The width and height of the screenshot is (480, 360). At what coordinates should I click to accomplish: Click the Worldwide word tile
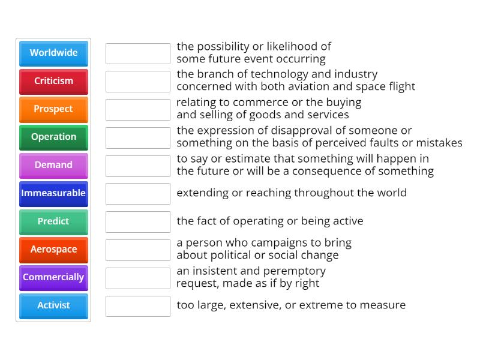point(53,53)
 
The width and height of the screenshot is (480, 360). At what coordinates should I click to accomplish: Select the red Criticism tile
point(53,81)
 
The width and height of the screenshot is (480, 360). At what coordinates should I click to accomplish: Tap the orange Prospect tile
point(53,109)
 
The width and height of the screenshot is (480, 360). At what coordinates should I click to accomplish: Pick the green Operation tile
point(53,137)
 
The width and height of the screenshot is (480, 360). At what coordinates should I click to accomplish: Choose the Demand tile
point(53,165)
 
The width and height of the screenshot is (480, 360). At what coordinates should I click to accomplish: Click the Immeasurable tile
point(53,193)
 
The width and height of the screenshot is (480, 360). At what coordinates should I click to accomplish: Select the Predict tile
point(53,221)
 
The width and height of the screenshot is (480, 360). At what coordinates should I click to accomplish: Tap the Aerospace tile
point(53,249)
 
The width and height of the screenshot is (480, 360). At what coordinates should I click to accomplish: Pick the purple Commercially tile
point(53,277)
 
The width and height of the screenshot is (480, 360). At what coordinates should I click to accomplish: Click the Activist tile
point(53,305)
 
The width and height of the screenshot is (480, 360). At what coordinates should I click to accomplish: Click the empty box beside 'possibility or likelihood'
point(138,53)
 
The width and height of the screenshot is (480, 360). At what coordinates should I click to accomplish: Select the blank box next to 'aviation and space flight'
point(138,82)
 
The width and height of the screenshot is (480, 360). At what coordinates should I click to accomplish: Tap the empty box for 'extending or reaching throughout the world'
point(138,194)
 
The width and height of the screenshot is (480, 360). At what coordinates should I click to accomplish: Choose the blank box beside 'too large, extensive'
point(138,306)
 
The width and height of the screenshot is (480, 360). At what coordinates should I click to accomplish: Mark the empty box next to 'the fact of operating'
point(138,222)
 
